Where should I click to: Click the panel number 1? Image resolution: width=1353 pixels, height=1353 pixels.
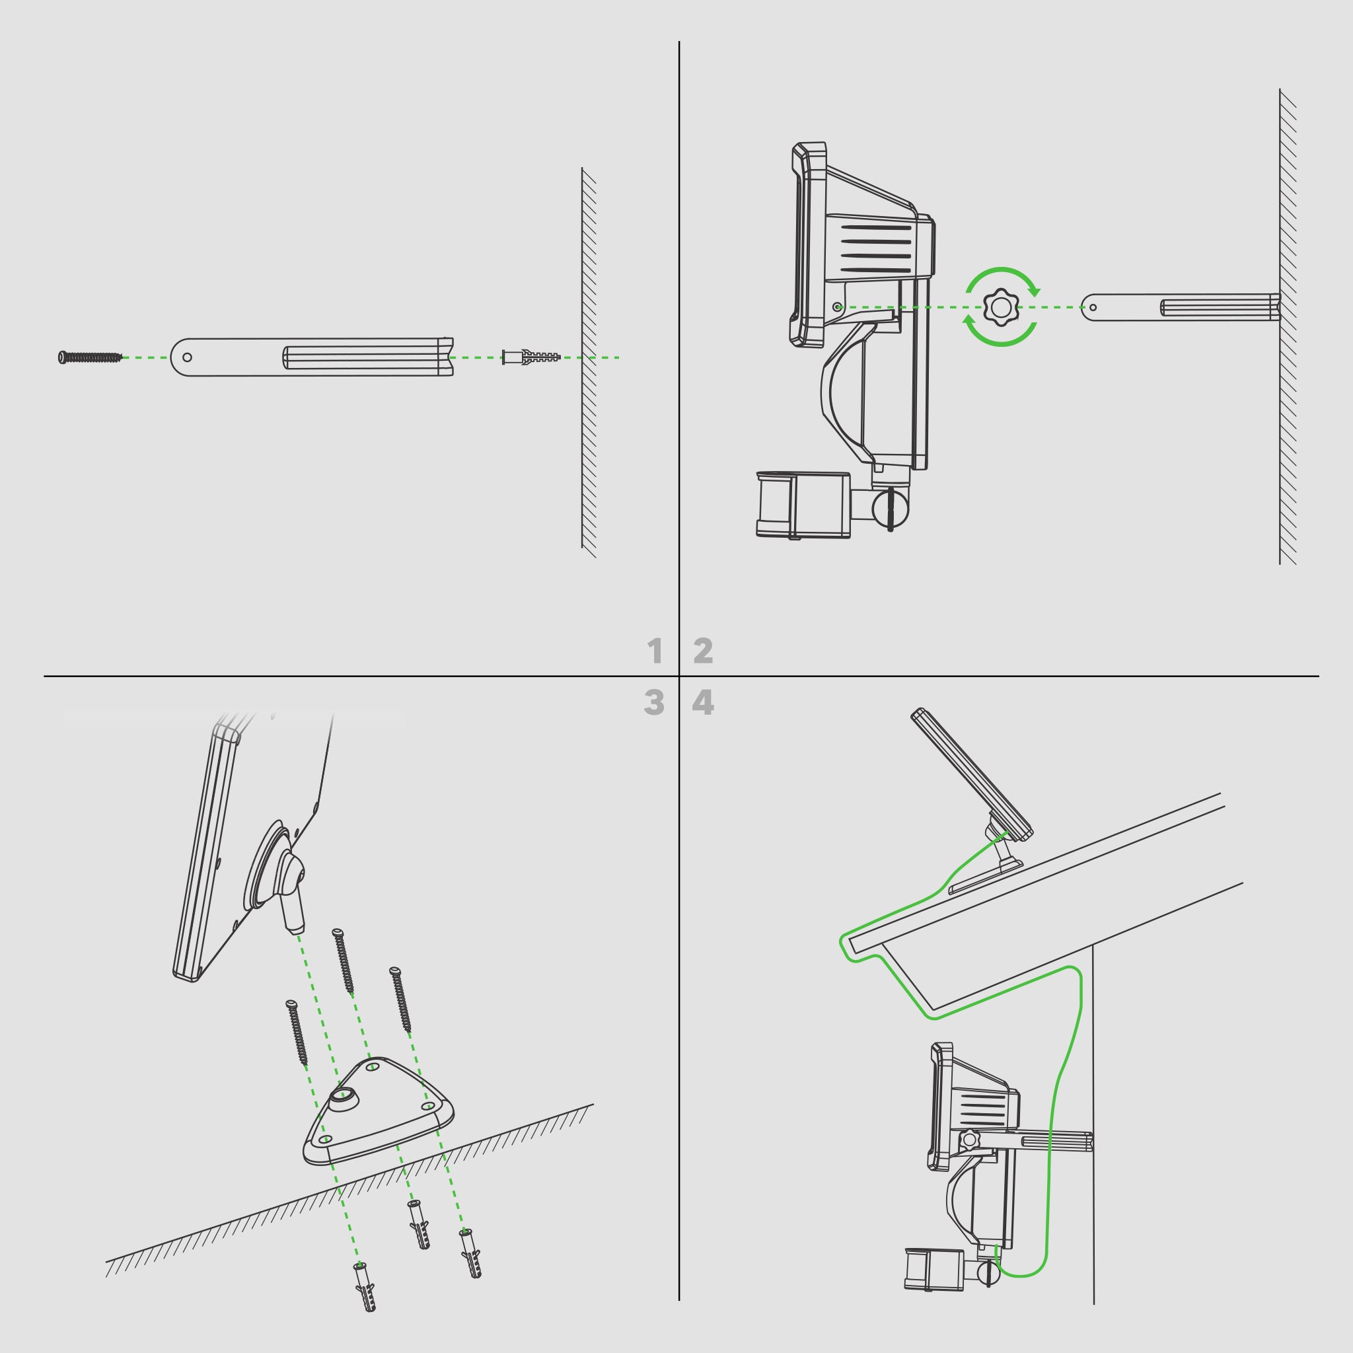655,651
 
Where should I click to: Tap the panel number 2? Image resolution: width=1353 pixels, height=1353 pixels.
703,651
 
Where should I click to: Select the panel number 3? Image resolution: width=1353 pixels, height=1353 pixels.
654,702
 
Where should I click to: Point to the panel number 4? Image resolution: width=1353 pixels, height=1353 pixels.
703,702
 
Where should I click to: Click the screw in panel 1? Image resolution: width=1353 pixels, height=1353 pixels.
91,357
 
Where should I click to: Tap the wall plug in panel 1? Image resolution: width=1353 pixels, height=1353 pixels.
532,357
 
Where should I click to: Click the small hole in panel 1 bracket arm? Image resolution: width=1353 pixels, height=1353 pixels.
187,357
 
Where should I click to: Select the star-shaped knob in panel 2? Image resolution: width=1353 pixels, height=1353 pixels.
1001,307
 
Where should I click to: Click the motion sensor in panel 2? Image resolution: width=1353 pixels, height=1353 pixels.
803,505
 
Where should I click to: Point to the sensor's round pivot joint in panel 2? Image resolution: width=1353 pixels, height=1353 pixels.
891,509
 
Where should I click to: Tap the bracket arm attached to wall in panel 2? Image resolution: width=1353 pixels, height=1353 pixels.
1181,307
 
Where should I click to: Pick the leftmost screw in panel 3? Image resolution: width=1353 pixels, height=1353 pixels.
297,1033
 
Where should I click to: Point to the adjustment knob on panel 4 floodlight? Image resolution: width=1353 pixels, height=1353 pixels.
970,1140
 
